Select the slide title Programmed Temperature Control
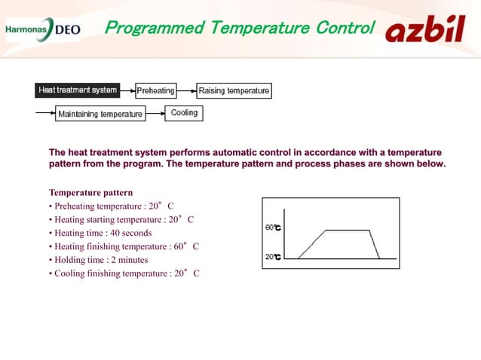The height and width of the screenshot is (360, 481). [x=239, y=29]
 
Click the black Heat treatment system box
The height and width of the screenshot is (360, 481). [x=78, y=90]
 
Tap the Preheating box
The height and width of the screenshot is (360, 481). [x=155, y=91]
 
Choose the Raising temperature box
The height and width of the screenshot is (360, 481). [x=234, y=91]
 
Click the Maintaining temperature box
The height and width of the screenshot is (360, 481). [x=100, y=114]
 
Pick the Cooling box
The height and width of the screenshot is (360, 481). [x=184, y=113]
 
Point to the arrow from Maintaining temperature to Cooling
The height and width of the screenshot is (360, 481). [x=155, y=114]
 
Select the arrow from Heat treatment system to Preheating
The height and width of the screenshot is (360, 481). [x=127, y=91]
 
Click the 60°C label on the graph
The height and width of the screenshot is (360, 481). [x=273, y=227]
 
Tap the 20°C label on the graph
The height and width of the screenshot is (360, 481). [x=273, y=257]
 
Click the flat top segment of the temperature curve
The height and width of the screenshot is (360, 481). [x=346, y=230]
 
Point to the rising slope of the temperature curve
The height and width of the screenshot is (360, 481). [x=311, y=244]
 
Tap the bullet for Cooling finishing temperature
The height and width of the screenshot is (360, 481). [x=124, y=273]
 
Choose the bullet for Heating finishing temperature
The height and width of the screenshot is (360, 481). [x=124, y=246]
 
